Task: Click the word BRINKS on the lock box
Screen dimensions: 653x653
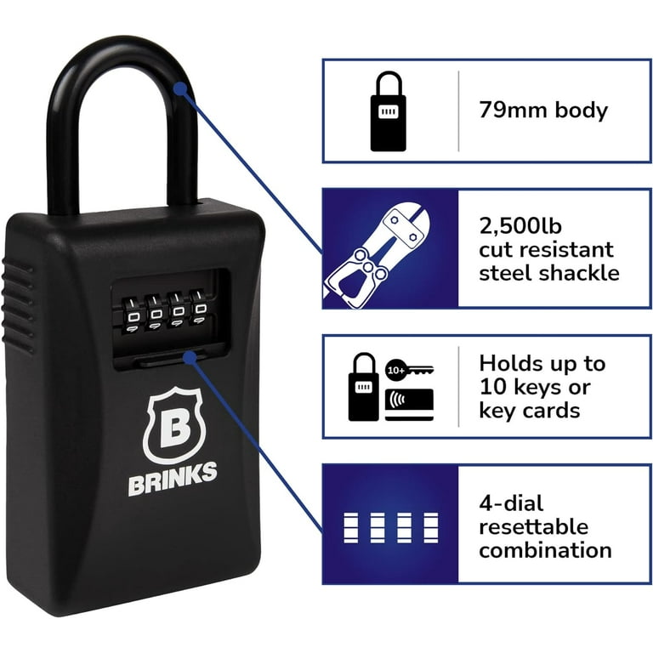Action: click(173, 478)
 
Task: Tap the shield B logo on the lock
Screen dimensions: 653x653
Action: click(175, 424)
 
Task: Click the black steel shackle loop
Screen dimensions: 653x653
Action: click(62, 125)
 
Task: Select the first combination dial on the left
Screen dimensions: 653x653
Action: click(133, 315)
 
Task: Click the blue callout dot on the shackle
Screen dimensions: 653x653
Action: click(180, 88)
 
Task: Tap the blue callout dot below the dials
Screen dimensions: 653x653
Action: click(190, 357)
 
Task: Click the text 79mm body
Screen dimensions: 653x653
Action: click(543, 111)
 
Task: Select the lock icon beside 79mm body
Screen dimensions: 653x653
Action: click(388, 111)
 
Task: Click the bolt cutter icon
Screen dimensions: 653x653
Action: click(377, 258)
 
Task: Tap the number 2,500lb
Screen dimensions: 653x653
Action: click(520, 226)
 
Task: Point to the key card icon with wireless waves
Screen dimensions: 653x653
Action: click(409, 405)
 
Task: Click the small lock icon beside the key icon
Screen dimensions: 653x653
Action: click(364, 387)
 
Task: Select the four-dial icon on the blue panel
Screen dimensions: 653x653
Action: click(390, 528)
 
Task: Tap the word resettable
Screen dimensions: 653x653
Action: click(533, 527)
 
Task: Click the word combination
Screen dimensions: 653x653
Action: click(545, 550)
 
